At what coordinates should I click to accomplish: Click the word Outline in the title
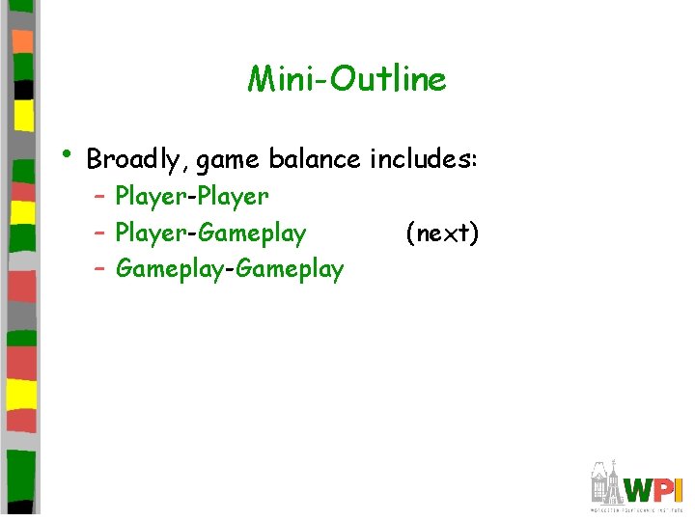[x=388, y=79]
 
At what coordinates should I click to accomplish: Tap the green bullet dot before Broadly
[x=65, y=152]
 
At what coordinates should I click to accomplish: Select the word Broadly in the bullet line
[x=137, y=158]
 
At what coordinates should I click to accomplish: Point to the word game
[x=229, y=158]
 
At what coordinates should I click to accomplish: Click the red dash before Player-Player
[x=100, y=197]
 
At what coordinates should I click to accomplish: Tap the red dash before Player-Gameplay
[x=100, y=233]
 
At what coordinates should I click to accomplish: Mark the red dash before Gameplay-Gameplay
[x=100, y=269]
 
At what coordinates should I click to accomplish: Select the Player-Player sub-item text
[x=191, y=197]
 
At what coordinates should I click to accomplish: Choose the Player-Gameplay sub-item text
[x=210, y=233]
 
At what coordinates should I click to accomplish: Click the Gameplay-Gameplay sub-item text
[x=229, y=269]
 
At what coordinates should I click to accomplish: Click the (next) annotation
[x=441, y=233]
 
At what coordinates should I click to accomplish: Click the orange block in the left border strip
[x=23, y=41]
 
